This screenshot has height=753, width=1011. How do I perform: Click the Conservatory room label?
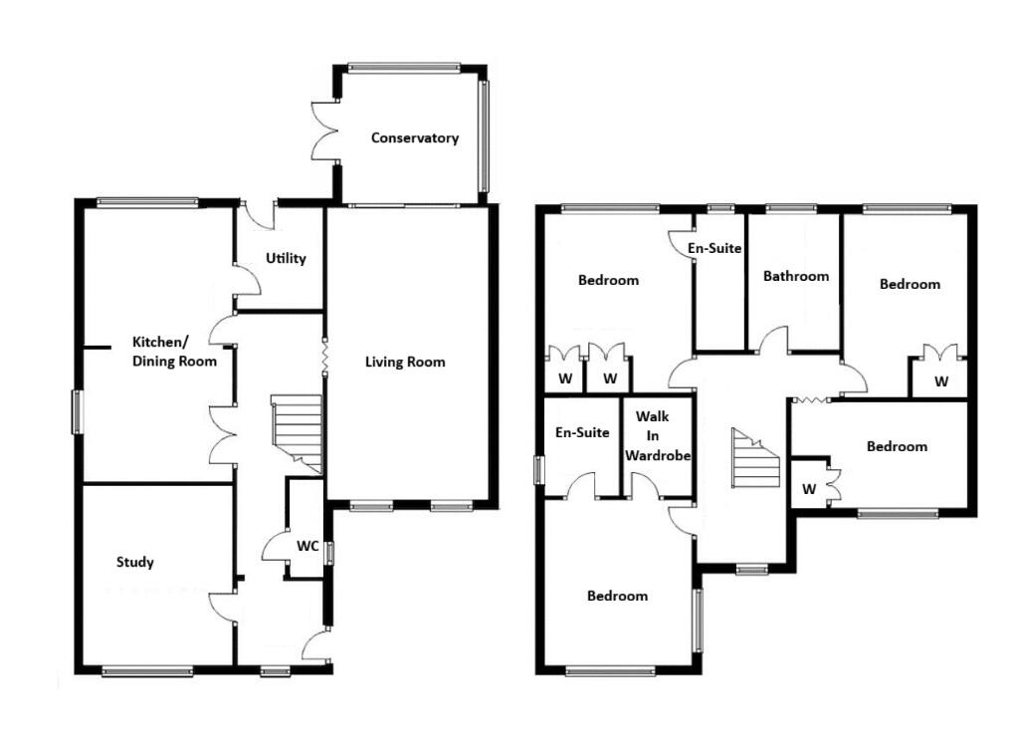(415, 138)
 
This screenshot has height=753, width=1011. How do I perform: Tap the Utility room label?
(286, 259)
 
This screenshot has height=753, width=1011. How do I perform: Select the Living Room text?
(405, 363)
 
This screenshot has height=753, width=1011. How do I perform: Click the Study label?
(135, 563)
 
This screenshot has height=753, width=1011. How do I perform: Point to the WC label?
(307, 547)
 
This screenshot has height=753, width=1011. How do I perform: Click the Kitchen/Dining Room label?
(174, 352)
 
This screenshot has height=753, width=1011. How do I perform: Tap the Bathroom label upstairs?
(796, 276)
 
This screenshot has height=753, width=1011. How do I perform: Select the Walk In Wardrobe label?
(658, 435)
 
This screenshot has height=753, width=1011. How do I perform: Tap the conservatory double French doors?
(325, 129)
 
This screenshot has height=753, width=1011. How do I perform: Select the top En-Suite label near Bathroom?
(717, 248)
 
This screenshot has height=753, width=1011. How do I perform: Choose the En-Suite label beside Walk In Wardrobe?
(582, 432)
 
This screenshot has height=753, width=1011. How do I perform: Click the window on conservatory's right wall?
(485, 135)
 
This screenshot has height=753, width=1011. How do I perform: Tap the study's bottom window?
(147, 672)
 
